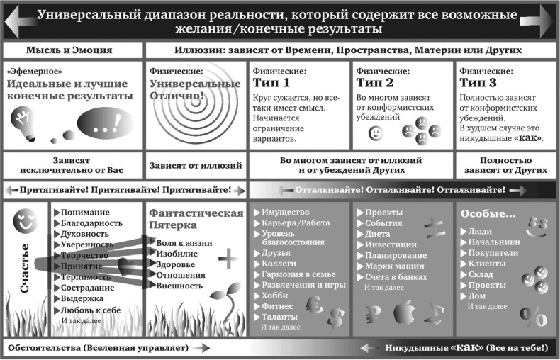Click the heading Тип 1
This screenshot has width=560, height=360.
click(x=271, y=83)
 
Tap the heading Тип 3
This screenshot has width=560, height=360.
click(x=478, y=83)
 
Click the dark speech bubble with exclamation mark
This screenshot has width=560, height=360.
click(x=106, y=123)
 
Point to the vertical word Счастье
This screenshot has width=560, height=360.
click(x=24, y=268)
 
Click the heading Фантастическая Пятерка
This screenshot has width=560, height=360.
click(x=196, y=219)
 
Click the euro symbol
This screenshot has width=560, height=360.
click(x=314, y=305)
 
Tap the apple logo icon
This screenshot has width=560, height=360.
click(x=404, y=312)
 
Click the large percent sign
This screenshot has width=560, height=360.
click(x=533, y=317)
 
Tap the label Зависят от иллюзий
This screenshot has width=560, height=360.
click(x=196, y=166)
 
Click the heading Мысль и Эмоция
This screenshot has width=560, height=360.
click(x=69, y=50)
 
